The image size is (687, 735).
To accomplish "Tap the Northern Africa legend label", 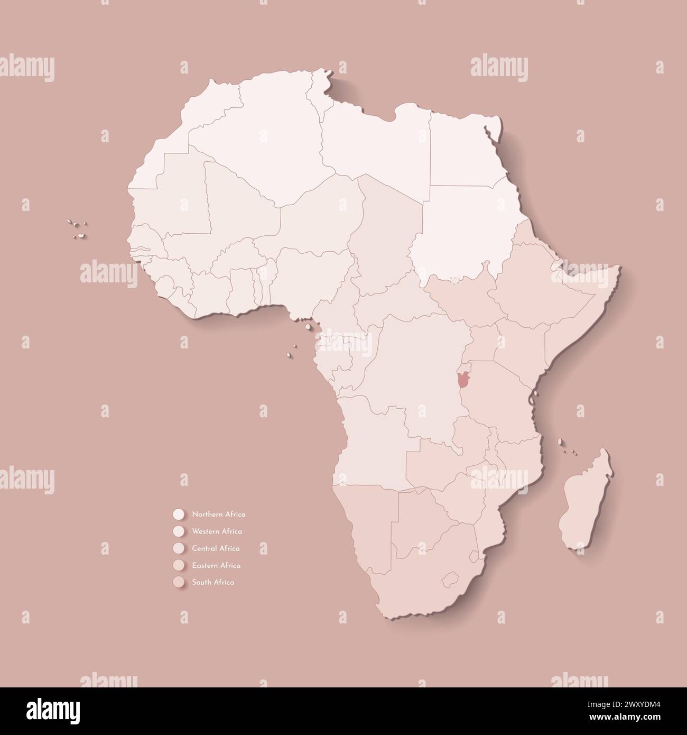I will pos(219,514).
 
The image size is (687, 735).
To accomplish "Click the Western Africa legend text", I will pos(217,531).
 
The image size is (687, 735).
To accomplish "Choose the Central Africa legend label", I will pos(216,548).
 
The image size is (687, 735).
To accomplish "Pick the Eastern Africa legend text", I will pos(216,565).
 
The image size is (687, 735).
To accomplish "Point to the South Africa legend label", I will pos(213,582).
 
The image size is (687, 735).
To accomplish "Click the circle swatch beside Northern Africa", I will pos(178,514).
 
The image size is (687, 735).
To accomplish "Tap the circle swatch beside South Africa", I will pos(178,582).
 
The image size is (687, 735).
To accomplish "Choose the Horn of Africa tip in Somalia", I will pos(618,270).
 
